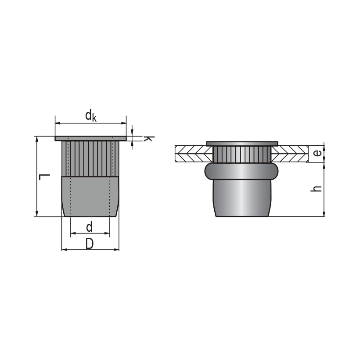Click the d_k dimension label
point(91,116)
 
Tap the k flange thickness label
point(148,139)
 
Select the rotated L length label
point(44,177)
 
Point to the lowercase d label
point(89,227)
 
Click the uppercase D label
point(90,244)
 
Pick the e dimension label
point(317,153)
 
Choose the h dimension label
point(317,189)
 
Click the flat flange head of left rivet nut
point(90,138)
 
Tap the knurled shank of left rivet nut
point(90,158)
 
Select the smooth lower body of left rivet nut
point(90,196)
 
